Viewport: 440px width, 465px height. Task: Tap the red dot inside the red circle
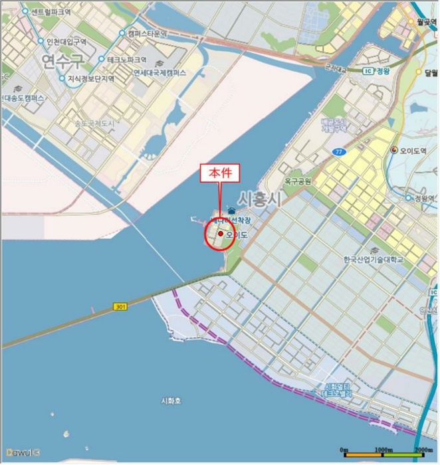click(x=220, y=233)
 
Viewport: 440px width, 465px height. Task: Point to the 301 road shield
click(x=120, y=307)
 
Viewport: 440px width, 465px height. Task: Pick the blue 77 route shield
click(x=340, y=152)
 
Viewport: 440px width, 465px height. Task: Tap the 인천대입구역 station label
click(x=66, y=42)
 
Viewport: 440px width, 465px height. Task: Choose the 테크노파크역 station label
click(x=132, y=59)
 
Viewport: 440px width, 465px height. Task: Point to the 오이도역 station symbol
click(x=395, y=149)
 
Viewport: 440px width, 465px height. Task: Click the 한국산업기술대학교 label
click(x=374, y=259)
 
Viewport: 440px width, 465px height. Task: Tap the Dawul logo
click(x=20, y=452)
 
